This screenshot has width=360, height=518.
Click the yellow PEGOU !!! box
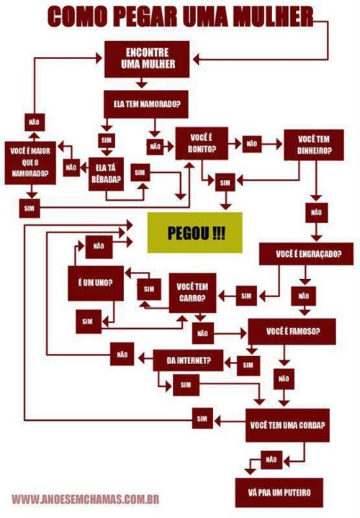click(x=194, y=232)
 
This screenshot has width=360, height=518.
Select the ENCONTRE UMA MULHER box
click(x=147, y=59)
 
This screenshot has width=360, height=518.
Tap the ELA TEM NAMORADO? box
click(x=146, y=104)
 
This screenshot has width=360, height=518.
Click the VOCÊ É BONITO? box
click(x=202, y=143)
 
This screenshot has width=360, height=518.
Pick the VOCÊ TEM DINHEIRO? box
click(x=314, y=145)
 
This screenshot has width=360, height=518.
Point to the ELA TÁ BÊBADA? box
click(x=106, y=174)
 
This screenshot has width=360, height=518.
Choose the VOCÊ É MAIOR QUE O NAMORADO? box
click(x=30, y=163)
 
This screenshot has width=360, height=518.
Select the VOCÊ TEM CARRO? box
click(x=192, y=293)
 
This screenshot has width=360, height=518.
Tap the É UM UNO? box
click(x=96, y=283)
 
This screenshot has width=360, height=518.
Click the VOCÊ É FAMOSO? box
click(x=292, y=332)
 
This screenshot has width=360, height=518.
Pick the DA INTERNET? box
click(x=188, y=360)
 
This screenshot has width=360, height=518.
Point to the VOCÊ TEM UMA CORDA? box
click(x=287, y=425)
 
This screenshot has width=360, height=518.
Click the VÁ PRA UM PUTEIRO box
click(x=279, y=493)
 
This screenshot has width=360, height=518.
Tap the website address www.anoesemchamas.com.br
click(x=85, y=499)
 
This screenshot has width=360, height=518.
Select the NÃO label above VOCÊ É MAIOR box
click(x=35, y=122)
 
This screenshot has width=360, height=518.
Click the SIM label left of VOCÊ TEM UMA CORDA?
click(x=202, y=419)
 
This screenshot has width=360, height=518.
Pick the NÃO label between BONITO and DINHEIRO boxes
click(x=252, y=144)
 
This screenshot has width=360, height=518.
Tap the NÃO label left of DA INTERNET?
click(x=122, y=354)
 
